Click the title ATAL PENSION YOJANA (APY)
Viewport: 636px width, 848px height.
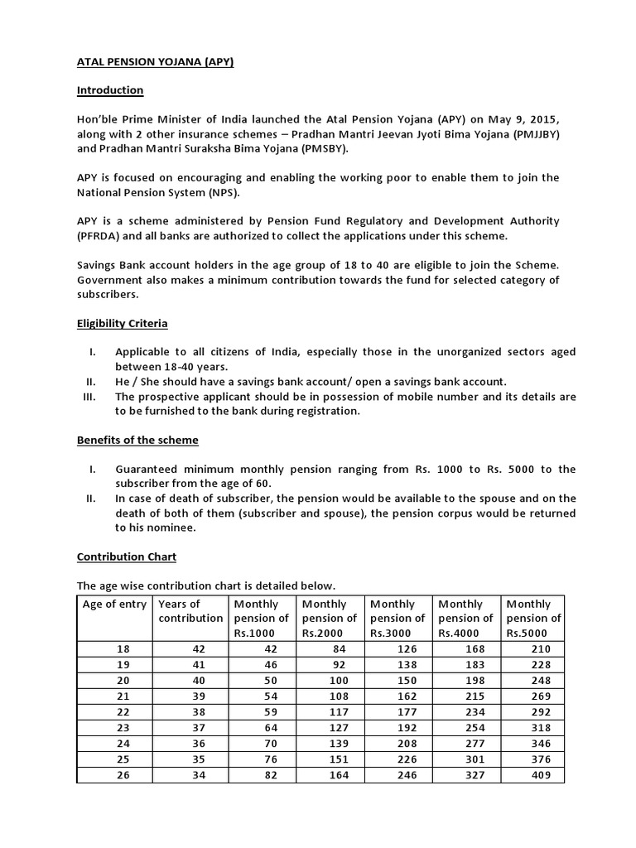pos(155,62)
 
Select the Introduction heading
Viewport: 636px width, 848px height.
pos(110,90)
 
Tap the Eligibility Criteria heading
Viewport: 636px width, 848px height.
pos(122,323)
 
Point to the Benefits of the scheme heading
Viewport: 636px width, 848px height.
pos(137,440)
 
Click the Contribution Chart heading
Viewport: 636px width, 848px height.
pos(126,556)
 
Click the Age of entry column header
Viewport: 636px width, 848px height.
pos(114,605)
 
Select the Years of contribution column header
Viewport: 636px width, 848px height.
pos(190,611)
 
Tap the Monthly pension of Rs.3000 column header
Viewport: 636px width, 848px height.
pos(397,618)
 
